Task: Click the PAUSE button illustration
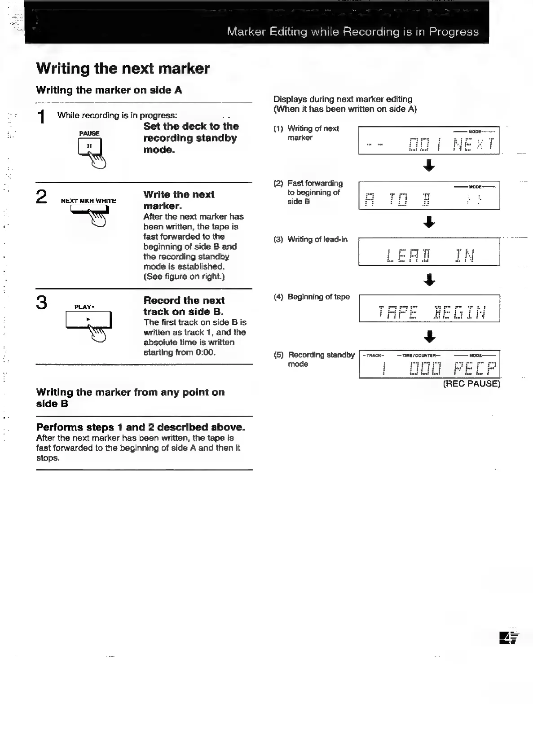(90, 146)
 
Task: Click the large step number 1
(41, 117)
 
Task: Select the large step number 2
(41, 197)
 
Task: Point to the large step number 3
(41, 303)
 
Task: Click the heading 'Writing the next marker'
(123, 68)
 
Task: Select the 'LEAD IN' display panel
(429, 252)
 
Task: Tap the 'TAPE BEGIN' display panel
(429, 308)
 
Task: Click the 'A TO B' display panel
(429, 196)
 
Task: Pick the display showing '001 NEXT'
(429, 141)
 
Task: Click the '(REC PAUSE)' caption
(471, 384)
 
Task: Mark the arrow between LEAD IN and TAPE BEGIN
(429, 280)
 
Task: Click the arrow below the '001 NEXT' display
(429, 166)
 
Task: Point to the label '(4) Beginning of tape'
(312, 297)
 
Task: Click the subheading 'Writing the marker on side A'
(109, 90)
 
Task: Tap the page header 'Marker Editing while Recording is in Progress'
(352, 31)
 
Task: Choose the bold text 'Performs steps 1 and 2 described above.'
(141, 427)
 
